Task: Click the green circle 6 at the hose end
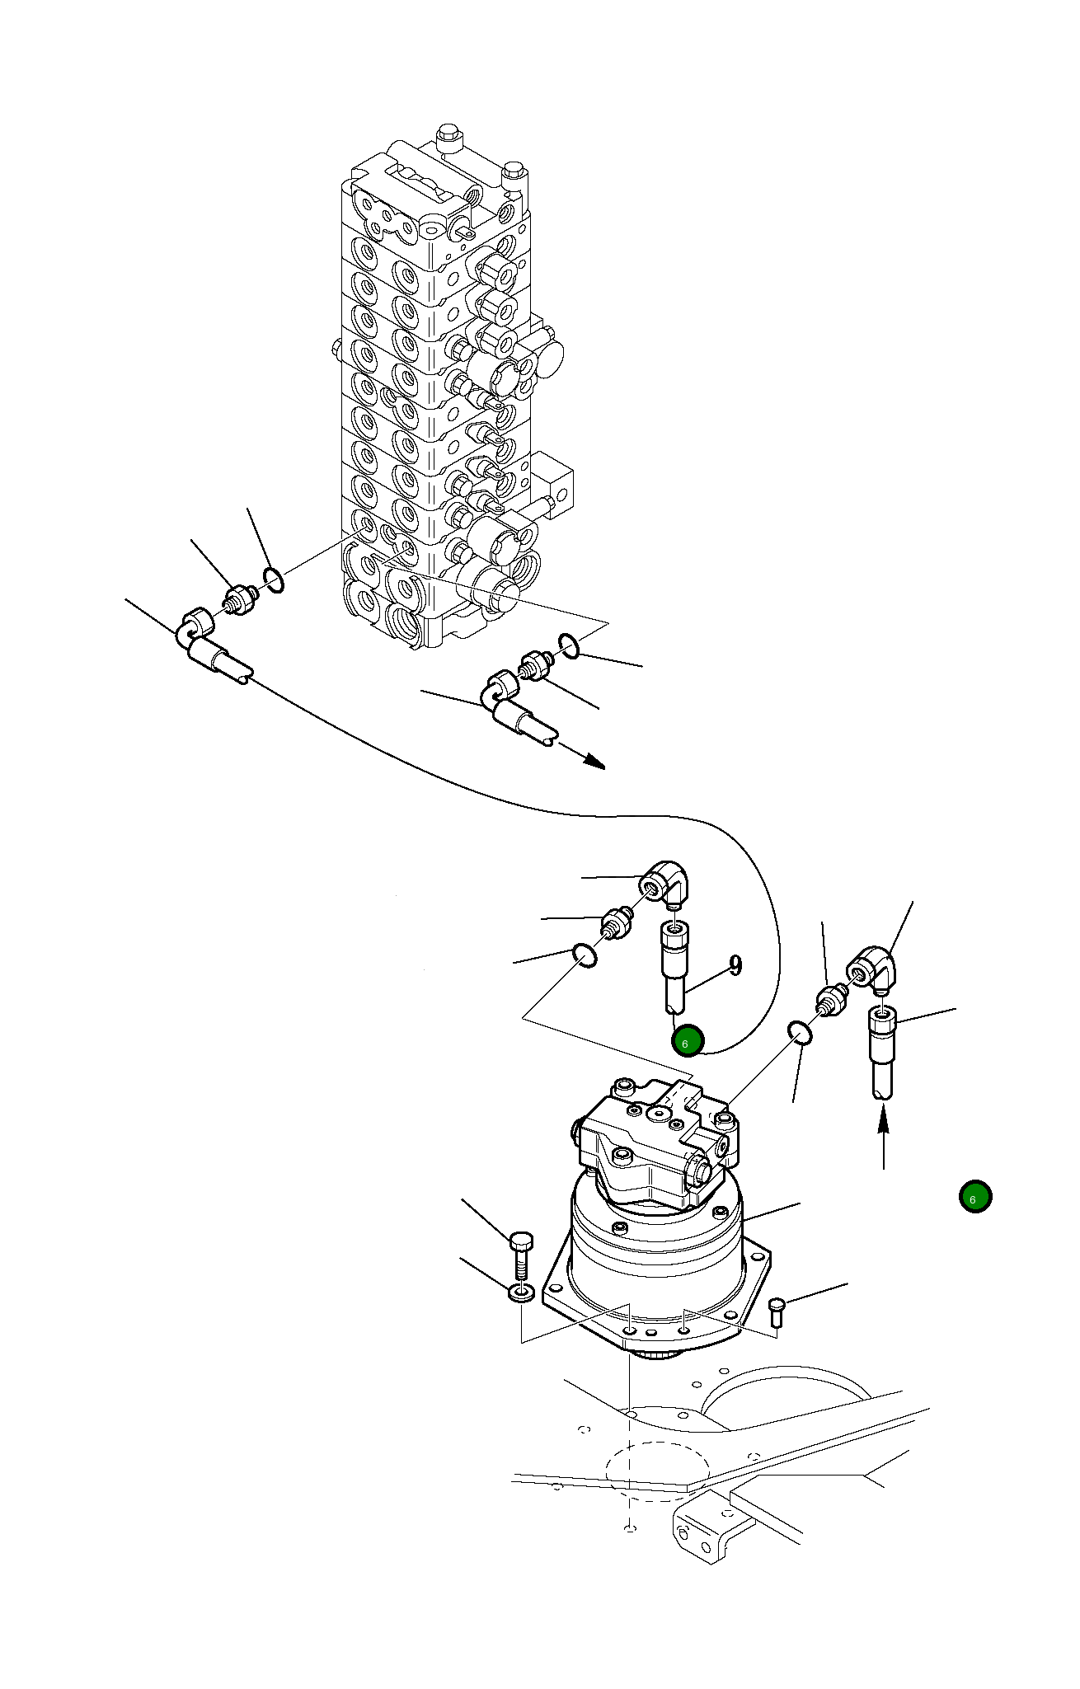pos(687,1042)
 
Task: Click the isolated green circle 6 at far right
pos(975,1197)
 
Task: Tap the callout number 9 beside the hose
pos(735,964)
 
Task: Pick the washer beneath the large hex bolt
pos(519,1292)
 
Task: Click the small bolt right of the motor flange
pos(777,1311)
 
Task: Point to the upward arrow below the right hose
pos(883,1138)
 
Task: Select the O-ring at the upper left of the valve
pos(275,579)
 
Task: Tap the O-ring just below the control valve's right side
pos(570,645)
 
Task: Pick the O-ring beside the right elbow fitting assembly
pos(800,1033)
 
